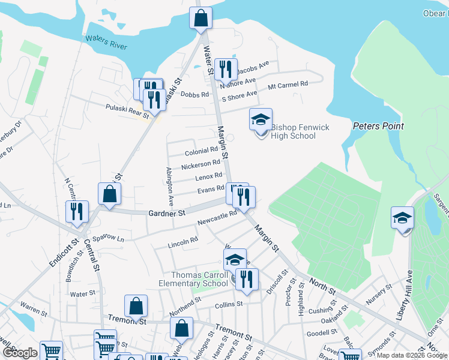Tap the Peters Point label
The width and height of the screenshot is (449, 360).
coord(378,126)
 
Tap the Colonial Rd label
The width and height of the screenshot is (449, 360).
coord(201,151)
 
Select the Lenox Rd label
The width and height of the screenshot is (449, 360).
coord(208,177)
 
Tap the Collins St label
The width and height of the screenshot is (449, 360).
coord(229,304)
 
